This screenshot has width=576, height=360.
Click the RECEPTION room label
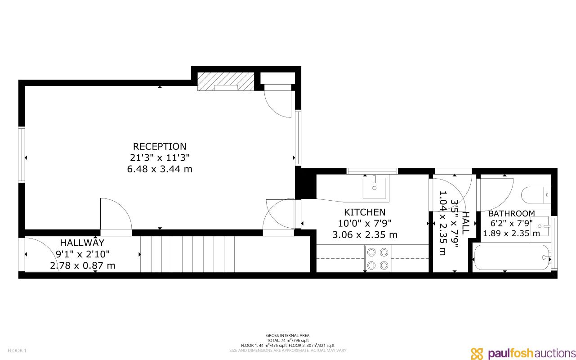tap(159, 147)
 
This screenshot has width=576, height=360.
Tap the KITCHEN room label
tap(365, 212)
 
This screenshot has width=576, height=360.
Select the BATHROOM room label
tap(511, 213)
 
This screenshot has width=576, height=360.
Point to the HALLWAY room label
tap(82, 243)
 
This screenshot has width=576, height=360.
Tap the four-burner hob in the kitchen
tap(378, 258)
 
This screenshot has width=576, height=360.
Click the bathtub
tap(512, 258)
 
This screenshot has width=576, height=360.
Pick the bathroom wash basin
tap(540, 226)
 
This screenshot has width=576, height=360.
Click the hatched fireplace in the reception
tap(226, 82)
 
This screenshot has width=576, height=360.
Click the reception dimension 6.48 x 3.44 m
tap(159, 169)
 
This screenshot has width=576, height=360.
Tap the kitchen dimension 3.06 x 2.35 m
tap(365, 234)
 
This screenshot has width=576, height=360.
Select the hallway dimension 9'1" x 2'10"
tap(82, 254)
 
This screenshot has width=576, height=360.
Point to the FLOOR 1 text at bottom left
tap(18, 351)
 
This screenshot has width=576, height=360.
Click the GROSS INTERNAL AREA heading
tap(287, 335)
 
